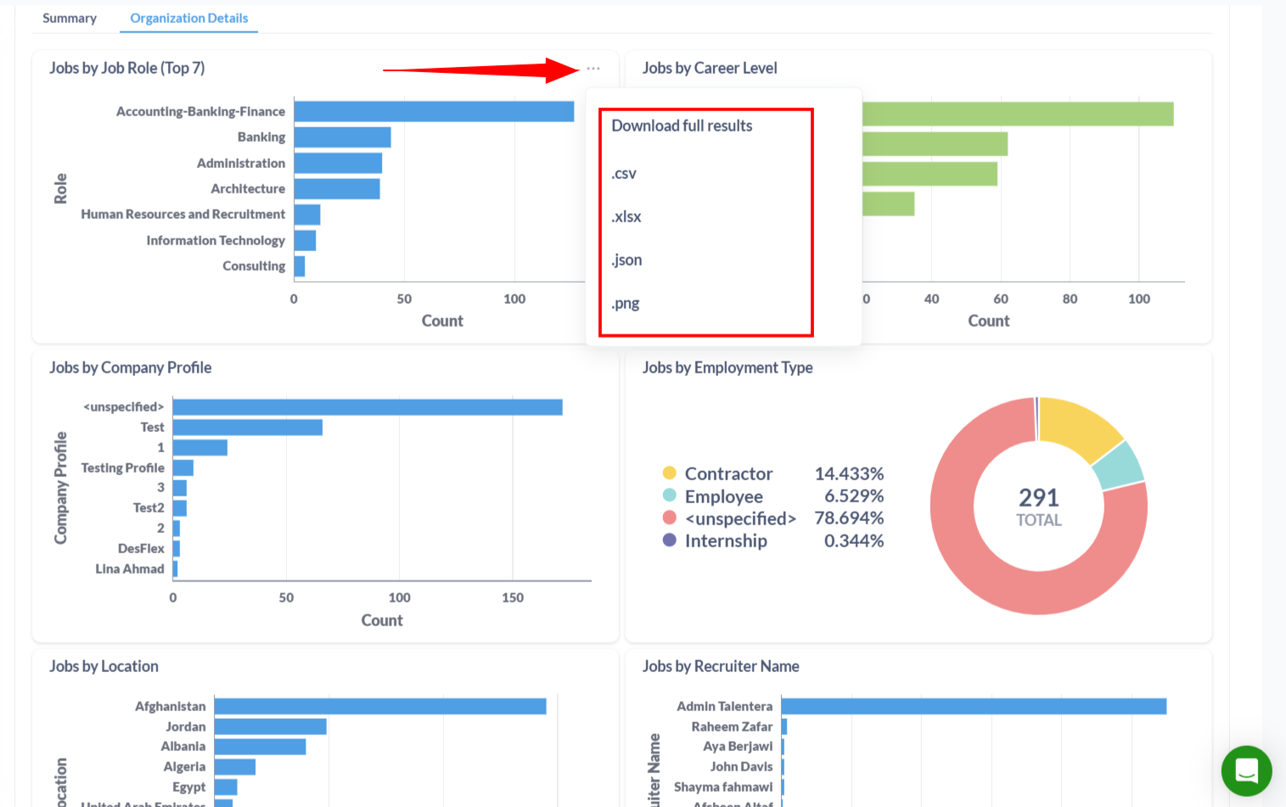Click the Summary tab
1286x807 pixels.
[70, 18]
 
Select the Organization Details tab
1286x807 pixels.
[188, 18]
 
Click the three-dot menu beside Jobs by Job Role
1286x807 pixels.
[593, 69]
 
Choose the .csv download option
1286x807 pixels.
[624, 174]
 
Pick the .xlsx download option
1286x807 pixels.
[626, 217]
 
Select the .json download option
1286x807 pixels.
[626, 261]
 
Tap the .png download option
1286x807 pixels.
[626, 304]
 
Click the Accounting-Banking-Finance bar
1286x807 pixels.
[434, 111]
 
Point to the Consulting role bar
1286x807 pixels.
[300, 266]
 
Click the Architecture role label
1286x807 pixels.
[248, 188]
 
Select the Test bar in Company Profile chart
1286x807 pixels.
[247, 427]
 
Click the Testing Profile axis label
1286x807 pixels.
[123, 468]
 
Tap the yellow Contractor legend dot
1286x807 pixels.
[670, 474]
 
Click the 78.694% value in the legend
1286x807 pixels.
[849, 518]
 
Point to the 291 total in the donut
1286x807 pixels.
[1039, 497]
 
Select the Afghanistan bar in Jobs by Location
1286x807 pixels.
[380, 706]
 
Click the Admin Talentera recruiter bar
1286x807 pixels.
[974, 706]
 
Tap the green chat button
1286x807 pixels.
[1246, 771]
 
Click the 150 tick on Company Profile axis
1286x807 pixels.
[513, 597]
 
